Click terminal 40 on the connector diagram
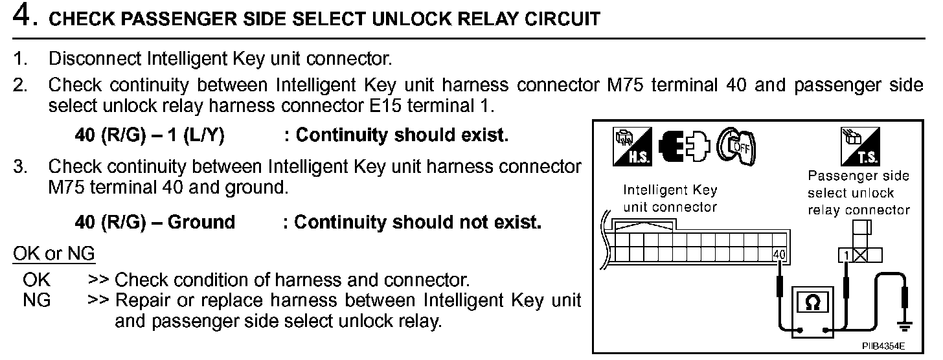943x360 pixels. pyautogui.click(x=779, y=254)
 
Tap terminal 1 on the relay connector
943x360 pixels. pyautogui.click(x=845, y=255)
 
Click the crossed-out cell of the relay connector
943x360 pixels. pyautogui.click(x=860, y=255)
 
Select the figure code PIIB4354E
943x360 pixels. pyautogui.click(x=883, y=347)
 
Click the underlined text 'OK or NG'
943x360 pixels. pyautogui.click(x=54, y=254)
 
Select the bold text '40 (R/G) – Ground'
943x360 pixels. pyautogui.click(x=155, y=223)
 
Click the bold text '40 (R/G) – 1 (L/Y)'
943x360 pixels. pyautogui.click(x=150, y=135)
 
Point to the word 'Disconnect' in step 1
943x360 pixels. pyautogui.click(x=95, y=59)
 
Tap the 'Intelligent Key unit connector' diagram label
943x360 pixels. pyautogui.click(x=670, y=199)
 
